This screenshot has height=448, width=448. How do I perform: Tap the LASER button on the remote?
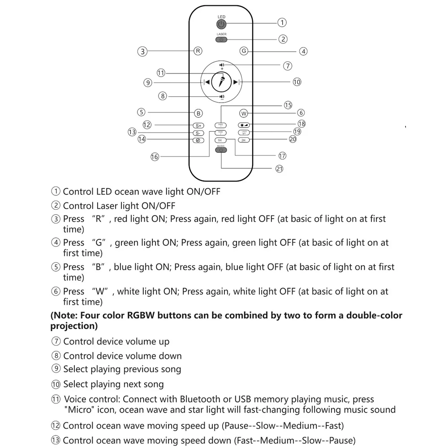(221, 39)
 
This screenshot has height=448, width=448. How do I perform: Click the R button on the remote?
(198, 51)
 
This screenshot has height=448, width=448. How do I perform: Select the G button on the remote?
(244, 51)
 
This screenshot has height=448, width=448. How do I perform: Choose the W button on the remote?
(244, 113)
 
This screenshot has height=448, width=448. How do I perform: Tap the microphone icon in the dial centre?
(221, 82)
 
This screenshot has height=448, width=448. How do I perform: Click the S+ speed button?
(198, 125)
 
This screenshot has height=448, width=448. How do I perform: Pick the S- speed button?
(198, 133)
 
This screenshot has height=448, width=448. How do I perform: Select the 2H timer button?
(244, 140)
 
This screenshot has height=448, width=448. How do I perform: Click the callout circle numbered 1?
(282, 22)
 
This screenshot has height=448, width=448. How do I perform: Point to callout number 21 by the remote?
(279, 168)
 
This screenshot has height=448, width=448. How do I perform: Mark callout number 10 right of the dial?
(297, 82)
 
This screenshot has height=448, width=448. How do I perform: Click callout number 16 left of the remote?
(155, 157)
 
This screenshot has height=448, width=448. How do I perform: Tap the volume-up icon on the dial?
(222, 65)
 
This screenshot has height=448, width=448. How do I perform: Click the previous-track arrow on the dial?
(207, 82)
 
